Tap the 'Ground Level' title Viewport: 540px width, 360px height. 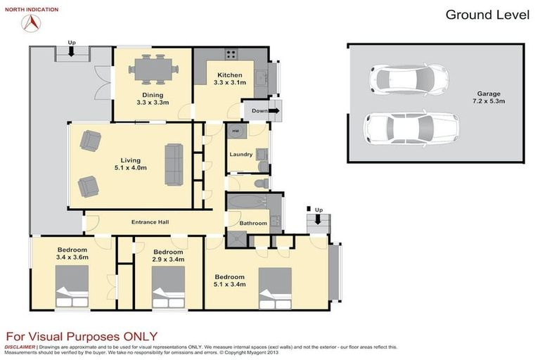(487, 15)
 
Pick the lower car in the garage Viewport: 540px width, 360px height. (411, 128)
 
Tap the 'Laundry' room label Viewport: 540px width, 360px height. (240, 155)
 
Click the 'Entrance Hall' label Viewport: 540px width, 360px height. (150, 222)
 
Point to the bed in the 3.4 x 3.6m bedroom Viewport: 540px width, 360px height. (72, 289)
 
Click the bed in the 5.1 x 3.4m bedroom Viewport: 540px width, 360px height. (275, 288)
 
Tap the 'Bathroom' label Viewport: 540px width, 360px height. (252, 224)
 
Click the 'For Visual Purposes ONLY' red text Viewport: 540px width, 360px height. (82, 336)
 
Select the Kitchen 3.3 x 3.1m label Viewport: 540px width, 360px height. (230, 79)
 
